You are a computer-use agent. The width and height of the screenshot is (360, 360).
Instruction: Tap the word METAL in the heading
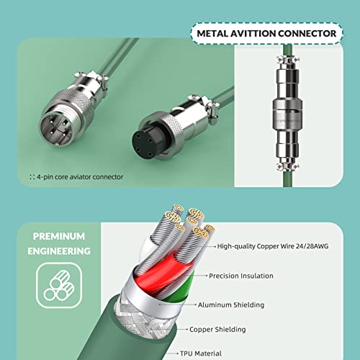(x=212, y=33)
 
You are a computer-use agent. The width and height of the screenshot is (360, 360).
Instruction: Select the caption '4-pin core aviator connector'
(x=80, y=177)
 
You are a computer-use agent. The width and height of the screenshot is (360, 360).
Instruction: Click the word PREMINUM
(x=59, y=236)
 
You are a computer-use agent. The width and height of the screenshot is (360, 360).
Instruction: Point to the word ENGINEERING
(x=59, y=251)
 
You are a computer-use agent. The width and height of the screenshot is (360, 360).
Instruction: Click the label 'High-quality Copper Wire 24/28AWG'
(x=273, y=246)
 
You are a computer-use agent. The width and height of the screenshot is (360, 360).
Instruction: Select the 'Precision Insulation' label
(x=241, y=276)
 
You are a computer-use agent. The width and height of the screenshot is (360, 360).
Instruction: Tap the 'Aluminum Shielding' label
(x=231, y=305)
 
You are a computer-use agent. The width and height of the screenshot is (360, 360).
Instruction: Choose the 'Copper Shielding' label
(x=217, y=329)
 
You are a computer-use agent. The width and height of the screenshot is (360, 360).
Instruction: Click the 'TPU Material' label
(x=201, y=354)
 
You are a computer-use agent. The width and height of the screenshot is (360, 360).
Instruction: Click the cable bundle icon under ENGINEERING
(x=59, y=285)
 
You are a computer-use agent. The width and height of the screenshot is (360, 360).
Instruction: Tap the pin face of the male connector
(x=55, y=129)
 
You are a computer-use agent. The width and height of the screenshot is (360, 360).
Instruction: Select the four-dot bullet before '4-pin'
(x=32, y=177)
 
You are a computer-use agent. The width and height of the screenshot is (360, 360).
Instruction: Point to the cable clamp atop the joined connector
(x=288, y=60)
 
